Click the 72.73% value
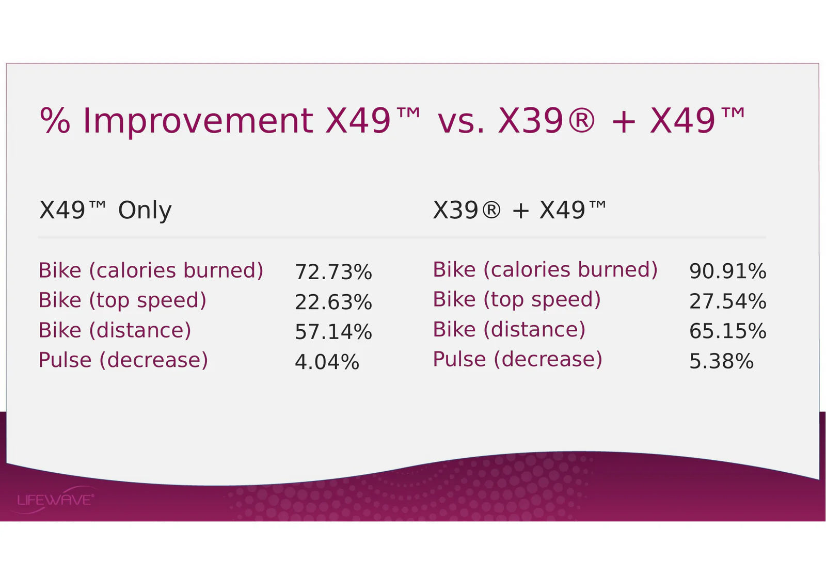(x=333, y=272)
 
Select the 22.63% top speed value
(x=333, y=302)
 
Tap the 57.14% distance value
(x=333, y=331)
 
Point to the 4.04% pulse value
(x=327, y=362)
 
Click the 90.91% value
(x=727, y=271)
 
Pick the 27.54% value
(x=727, y=301)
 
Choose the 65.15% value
(x=727, y=331)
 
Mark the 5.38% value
(x=721, y=361)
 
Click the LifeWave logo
(x=55, y=500)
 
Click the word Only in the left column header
(x=145, y=211)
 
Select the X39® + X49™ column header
(x=519, y=210)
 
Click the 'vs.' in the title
(x=460, y=122)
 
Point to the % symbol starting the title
(x=55, y=120)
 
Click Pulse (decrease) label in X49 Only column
(x=123, y=360)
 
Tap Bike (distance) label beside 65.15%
(x=509, y=329)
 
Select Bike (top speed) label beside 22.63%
(x=122, y=300)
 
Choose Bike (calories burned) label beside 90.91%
(x=545, y=269)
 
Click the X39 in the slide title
(x=530, y=121)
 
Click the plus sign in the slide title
(x=624, y=122)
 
